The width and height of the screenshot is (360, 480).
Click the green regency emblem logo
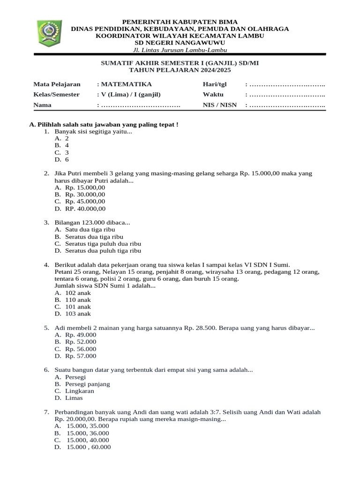pyautogui.click(x=48, y=33)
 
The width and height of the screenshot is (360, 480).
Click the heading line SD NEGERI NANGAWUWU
pyautogui.click(x=180, y=43)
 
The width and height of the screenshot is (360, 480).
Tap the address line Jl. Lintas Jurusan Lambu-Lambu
pyautogui.click(x=180, y=50)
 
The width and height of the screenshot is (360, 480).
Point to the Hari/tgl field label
pyautogui.click(x=214, y=84)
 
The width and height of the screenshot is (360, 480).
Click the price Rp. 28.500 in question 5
pyautogui.click(x=200, y=328)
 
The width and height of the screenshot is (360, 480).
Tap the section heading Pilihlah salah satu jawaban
pyautogui.click(x=103, y=125)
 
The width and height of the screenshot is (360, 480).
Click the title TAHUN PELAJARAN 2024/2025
pyautogui.click(x=180, y=70)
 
